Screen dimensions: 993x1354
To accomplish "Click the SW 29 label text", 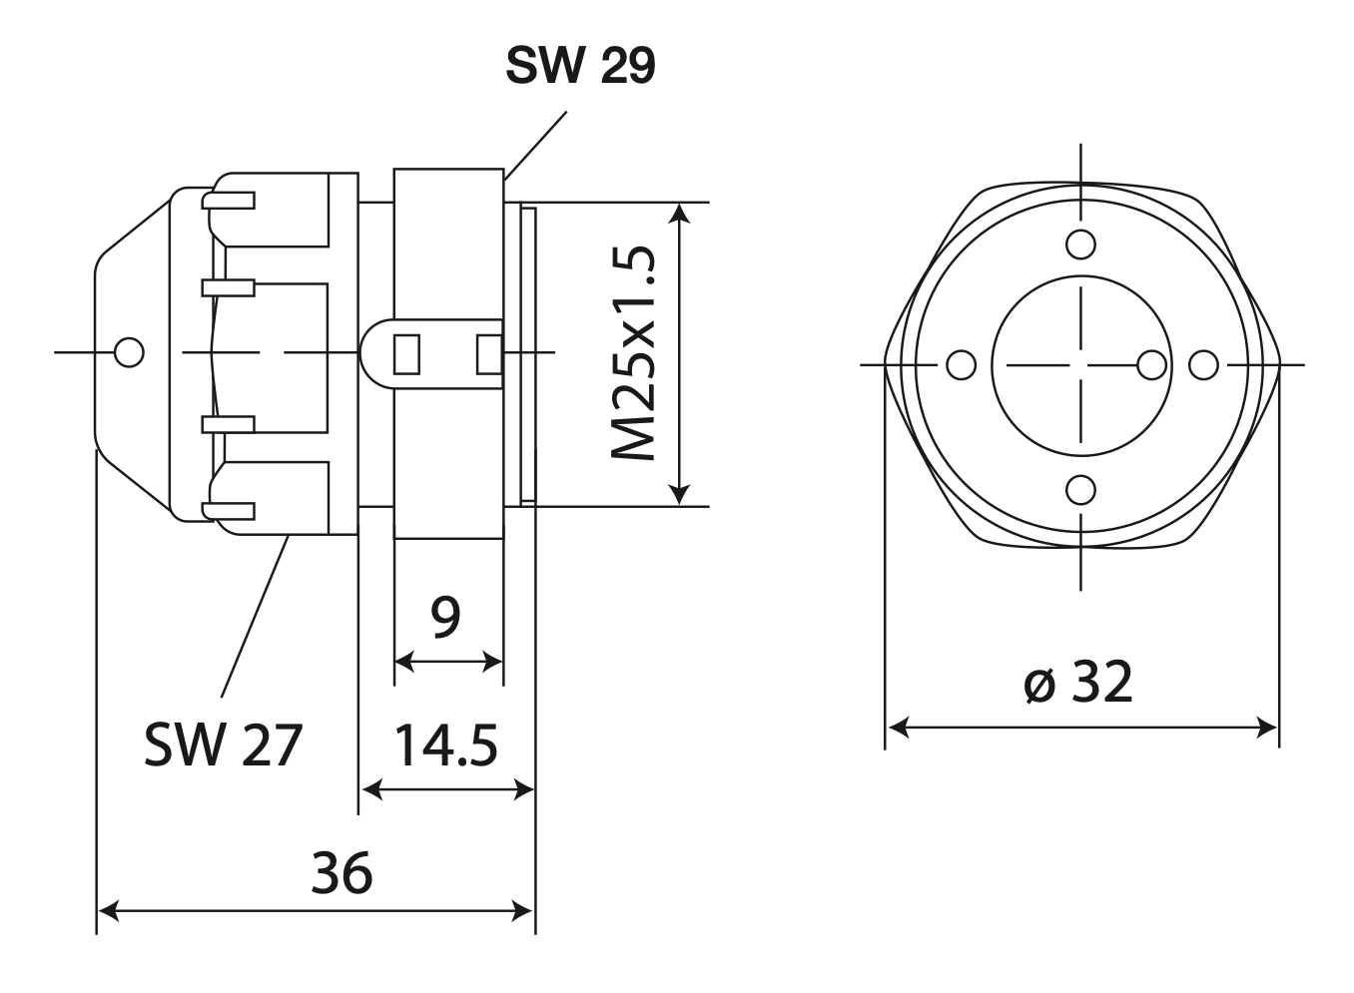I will tap(580, 66).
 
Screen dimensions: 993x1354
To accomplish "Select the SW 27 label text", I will tap(222, 745).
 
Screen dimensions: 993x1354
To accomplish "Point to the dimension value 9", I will tap(445, 617).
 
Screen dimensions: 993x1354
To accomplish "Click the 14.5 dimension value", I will tap(445, 746).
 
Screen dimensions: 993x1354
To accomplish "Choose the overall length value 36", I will tap(341, 872).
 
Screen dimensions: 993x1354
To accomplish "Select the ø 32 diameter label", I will tap(1079, 684).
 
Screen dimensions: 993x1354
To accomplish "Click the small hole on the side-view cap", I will tap(130, 352).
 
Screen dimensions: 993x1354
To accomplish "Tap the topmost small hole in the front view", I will tap(1080, 244).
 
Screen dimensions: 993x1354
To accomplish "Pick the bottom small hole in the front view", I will tap(1080, 490).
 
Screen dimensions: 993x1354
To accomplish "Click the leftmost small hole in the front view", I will tap(961, 365).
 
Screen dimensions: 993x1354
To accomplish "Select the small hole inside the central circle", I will tap(1152, 365).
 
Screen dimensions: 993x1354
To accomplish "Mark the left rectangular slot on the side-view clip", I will tap(406, 353).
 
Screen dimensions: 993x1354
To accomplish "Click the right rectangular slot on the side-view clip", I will tap(488, 353).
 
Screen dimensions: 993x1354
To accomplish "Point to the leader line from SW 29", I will tap(535, 146).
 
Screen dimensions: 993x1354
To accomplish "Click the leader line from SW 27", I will tap(255, 614).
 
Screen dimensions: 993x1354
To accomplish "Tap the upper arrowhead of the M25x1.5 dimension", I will tap(680, 213).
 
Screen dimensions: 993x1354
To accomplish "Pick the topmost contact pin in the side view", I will tap(230, 200).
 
